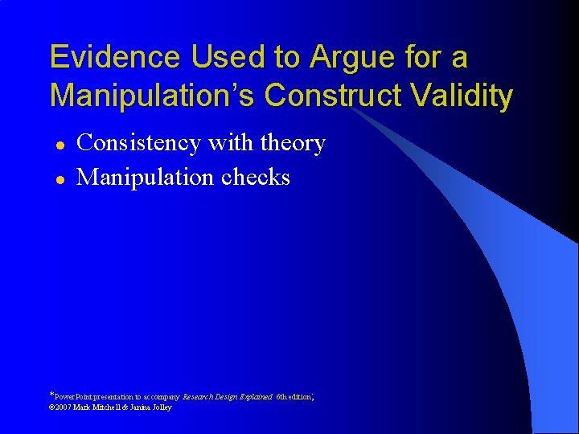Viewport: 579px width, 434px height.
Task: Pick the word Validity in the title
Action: tap(466, 96)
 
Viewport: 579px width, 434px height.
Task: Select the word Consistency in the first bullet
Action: tap(138, 143)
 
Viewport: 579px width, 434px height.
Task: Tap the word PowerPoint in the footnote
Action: tap(75, 396)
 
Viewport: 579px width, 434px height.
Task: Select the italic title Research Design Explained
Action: tap(228, 396)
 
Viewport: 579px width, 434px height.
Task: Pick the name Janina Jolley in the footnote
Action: tap(154, 407)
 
